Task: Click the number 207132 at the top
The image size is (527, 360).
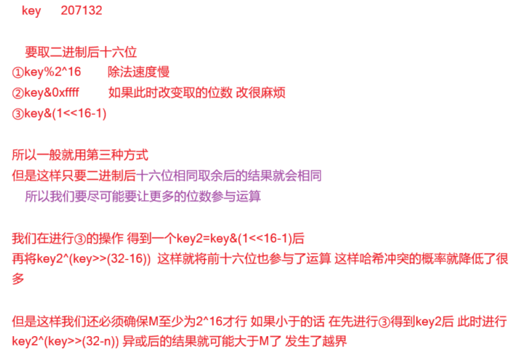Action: pos(81,11)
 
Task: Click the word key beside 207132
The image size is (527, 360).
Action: pos(31,11)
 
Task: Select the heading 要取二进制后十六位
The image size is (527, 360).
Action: pos(81,53)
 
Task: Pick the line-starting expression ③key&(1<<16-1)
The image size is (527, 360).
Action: pos(59,114)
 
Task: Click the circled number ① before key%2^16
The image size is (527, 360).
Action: pos(17,72)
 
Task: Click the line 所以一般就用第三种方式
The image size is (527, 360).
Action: pos(80,155)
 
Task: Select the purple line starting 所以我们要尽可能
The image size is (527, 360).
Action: pos(142,196)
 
